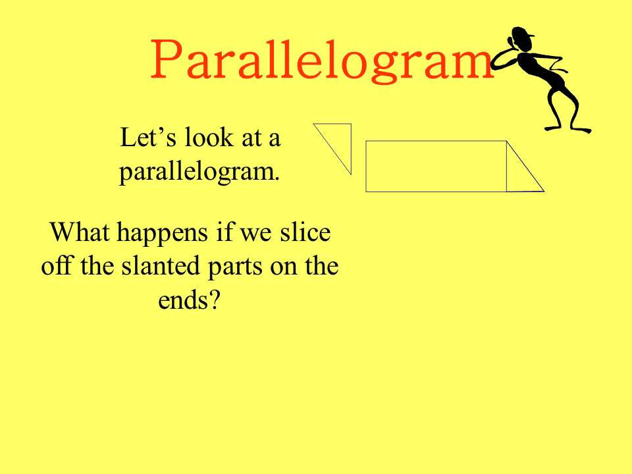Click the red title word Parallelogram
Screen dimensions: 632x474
pyautogui.click(x=322, y=60)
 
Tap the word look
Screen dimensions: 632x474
pyautogui.click(x=209, y=138)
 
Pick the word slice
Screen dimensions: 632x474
pyautogui.click(x=305, y=232)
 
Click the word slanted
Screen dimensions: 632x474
pyautogui.click(x=161, y=266)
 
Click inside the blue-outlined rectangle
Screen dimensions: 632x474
pyautogui.click(x=436, y=166)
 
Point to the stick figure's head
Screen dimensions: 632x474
pyautogui.click(x=522, y=39)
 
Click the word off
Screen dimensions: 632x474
pyautogui.click(x=57, y=266)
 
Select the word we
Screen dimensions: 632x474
pyautogui.click(x=256, y=234)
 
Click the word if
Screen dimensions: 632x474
pyautogui.click(x=224, y=232)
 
